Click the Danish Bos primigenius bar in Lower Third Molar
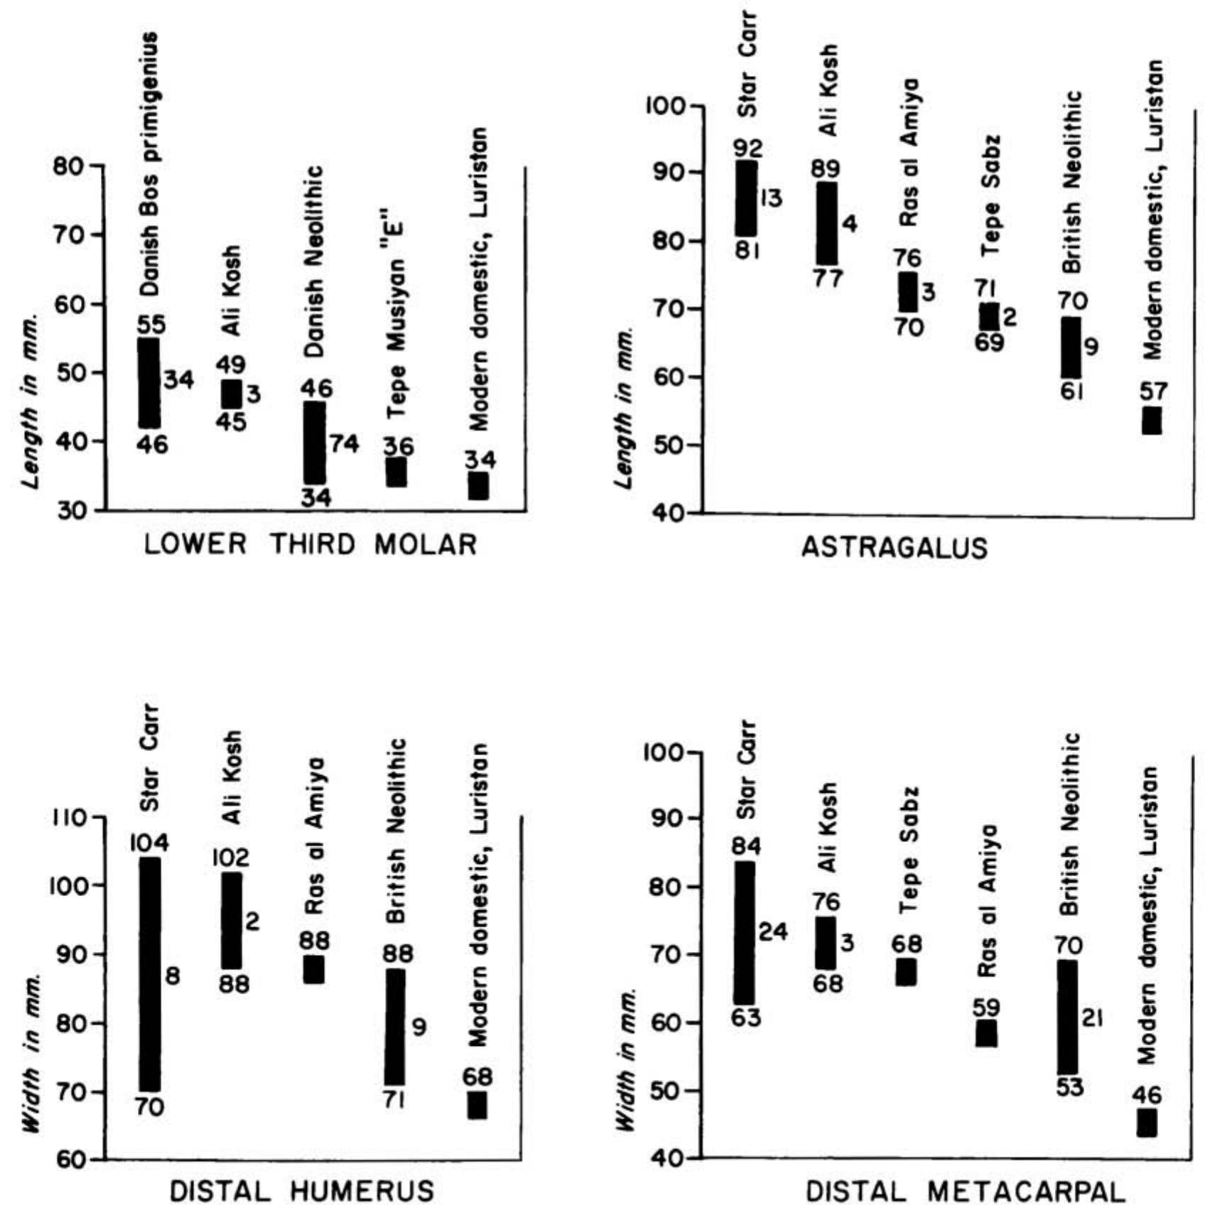click(x=148, y=383)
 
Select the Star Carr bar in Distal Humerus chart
click(x=149, y=974)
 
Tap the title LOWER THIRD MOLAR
click(x=310, y=545)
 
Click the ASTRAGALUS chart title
click(x=895, y=548)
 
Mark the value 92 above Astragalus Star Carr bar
click(x=748, y=148)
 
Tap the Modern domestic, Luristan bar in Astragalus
click(x=1151, y=421)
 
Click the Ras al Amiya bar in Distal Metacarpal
click(x=986, y=1033)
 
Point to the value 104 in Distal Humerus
click(x=150, y=843)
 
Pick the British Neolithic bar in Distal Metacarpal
click(x=1067, y=1017)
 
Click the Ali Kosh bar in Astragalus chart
click(x=826, y=224)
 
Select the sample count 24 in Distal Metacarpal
click(x=773, y=931)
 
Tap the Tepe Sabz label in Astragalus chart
click(x=990, y=196)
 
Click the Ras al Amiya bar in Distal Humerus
click(x=314, y=969)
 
